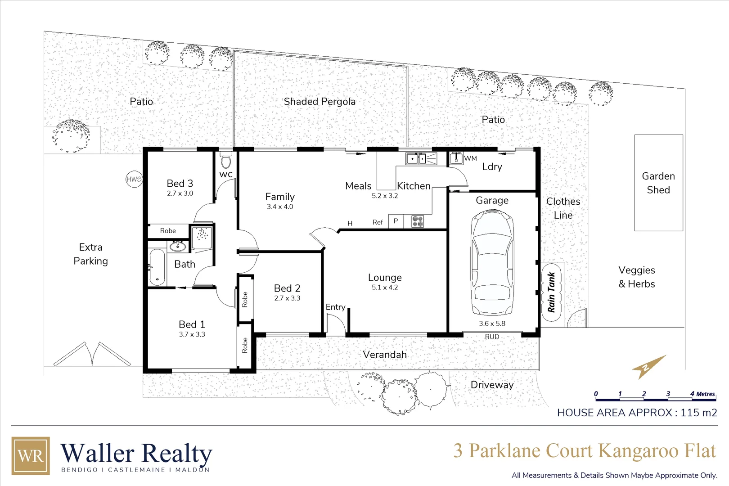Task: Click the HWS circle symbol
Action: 134,179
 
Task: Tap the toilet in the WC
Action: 226,161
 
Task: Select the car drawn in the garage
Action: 492,262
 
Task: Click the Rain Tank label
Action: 551,292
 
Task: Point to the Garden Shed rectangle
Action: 658,183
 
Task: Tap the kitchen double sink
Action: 416,158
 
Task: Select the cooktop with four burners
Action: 418,221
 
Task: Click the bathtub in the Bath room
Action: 157,267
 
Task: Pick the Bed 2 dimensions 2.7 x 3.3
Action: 287,298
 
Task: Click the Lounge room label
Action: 385,278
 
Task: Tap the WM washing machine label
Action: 471,158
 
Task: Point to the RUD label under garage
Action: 492,337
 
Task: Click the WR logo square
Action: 31,455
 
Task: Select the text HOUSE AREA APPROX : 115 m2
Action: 637,413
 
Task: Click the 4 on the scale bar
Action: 692,394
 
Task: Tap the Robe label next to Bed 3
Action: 168,231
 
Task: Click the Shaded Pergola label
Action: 319,102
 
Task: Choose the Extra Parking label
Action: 91,254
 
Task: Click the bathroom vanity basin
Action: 177,246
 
